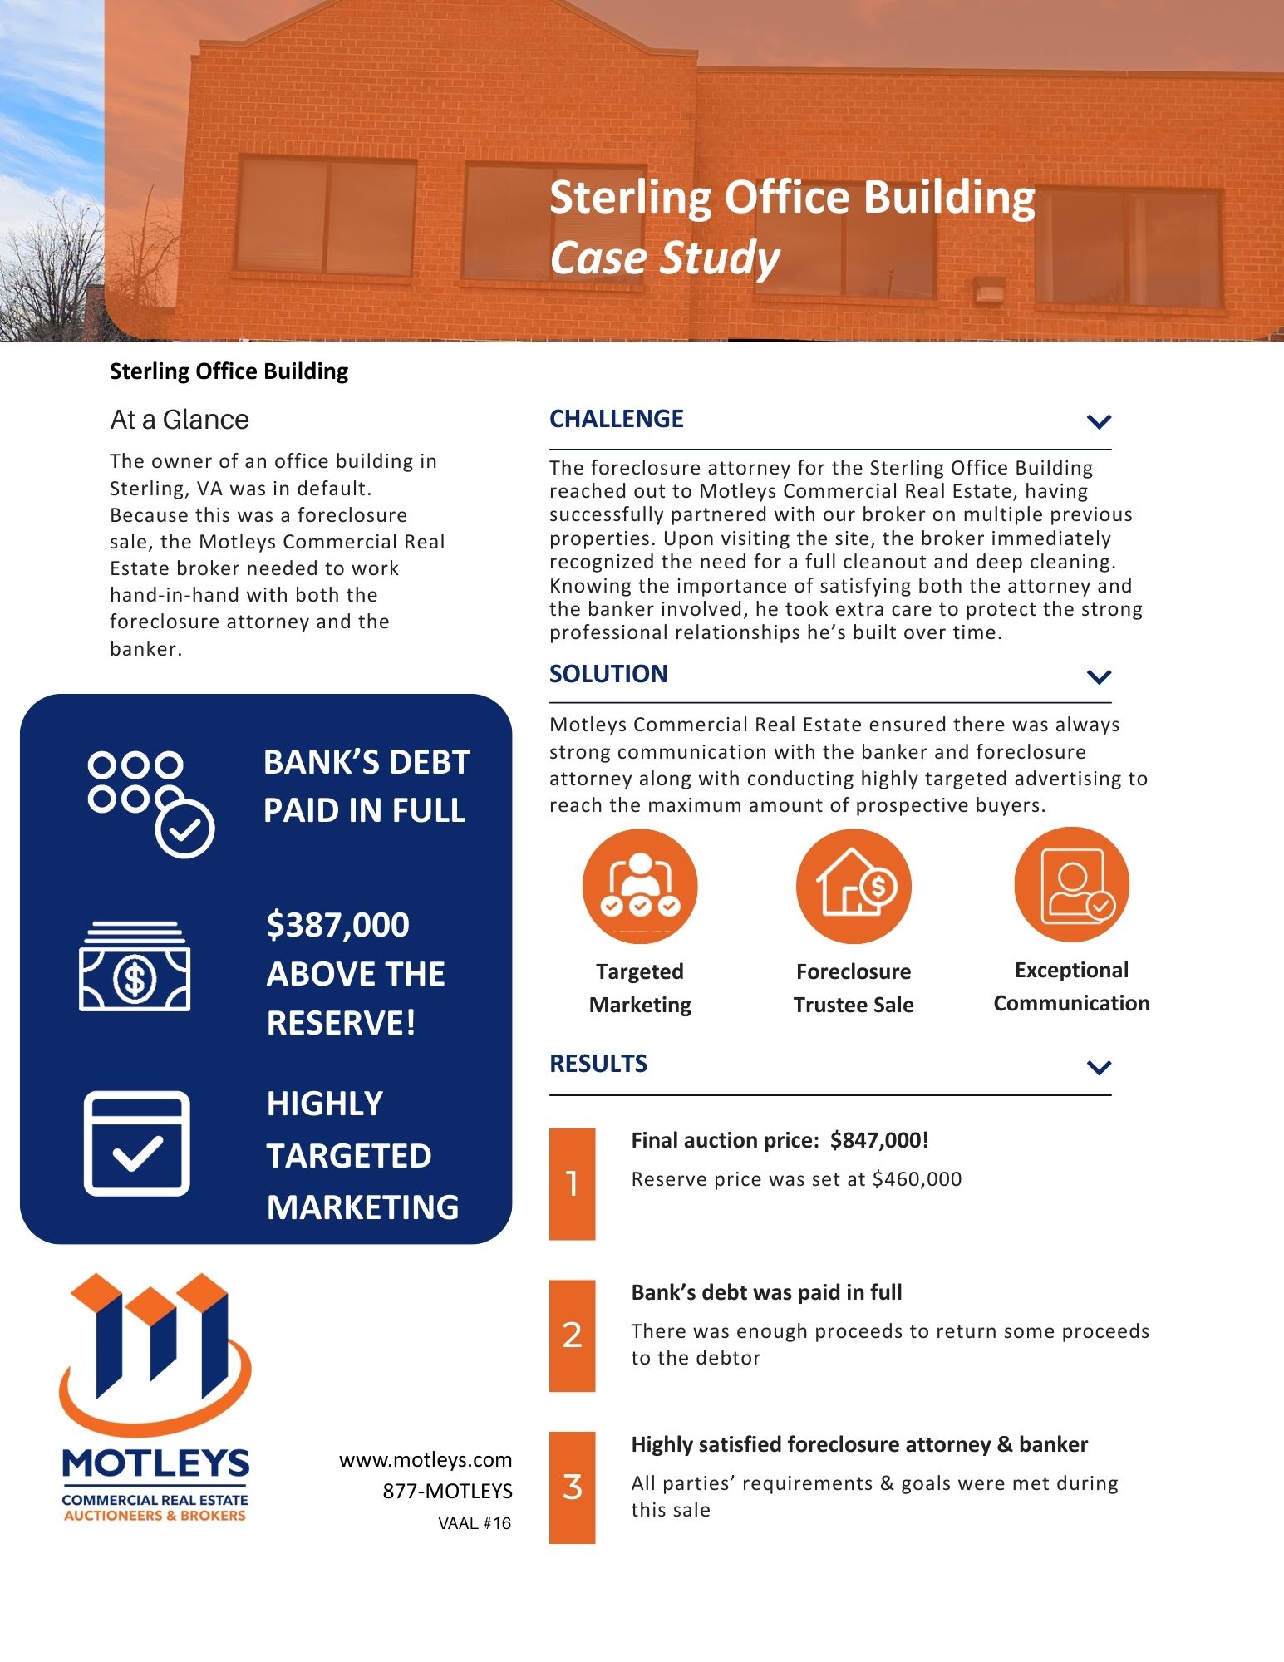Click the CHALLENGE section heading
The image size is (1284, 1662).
tap(616, 419)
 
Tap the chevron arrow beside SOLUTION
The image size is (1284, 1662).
tap(1099, 676)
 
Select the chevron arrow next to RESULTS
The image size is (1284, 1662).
tap(1099, 1067)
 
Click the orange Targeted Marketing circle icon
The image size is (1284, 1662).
tap(640, 886)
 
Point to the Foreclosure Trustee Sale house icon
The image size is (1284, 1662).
tap(854, 886)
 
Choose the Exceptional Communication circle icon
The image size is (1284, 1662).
tap(1071, 884)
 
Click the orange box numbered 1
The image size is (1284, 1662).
tap(572, 1183)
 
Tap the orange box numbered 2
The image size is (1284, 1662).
tap(572, 1335)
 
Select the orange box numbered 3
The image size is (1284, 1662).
tap(572, 1487)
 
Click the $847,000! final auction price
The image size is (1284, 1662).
tap(878, 1140)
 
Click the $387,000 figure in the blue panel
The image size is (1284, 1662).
tap(337, 925)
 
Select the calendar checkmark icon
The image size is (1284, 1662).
tap(137, 1143)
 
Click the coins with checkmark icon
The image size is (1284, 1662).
tap(150, 803)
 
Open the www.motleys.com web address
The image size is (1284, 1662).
tap(426, 1460)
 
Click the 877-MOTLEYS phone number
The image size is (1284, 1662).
tap(447, 1491)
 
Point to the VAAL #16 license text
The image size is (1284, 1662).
tap(475, 1523)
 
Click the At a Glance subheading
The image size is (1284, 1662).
tap(180, 420)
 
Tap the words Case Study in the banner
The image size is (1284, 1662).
tap(664, 258)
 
